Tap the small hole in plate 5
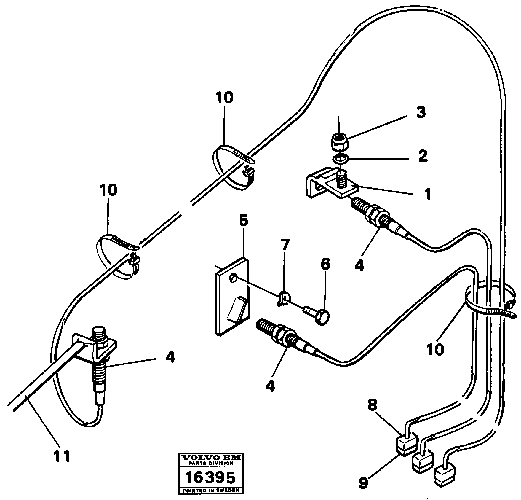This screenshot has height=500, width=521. point(234,278)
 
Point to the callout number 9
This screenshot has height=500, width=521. point(364,483)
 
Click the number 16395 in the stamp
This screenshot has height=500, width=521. point(210,477)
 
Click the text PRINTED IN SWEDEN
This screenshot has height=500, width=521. point(211,490)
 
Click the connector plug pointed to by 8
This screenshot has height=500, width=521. point(406,447)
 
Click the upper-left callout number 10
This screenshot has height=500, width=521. point(224,98)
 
